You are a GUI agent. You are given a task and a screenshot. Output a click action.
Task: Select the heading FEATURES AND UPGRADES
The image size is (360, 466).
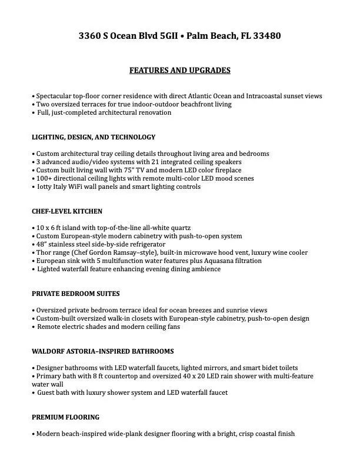click(x=180, y=71)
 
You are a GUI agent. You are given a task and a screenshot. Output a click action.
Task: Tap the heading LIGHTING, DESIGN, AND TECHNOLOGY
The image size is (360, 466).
click(x=94, y=137)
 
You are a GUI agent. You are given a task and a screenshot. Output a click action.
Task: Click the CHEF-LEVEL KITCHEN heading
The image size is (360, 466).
click(x=67, y=211)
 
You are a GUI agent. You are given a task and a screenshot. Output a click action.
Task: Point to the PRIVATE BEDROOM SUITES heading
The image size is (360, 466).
click(x=76, y=293)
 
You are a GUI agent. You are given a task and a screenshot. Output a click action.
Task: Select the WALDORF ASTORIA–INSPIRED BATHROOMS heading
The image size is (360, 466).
click(x=103, y=351)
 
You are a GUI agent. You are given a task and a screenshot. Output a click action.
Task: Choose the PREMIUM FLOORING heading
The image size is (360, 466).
click(x=65, y=417)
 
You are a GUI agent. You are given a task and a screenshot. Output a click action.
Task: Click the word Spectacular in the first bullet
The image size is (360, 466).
click(x=54, y=96)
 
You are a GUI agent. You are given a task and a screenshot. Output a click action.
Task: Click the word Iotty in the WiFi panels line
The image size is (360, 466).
click(x=46, y=187)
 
